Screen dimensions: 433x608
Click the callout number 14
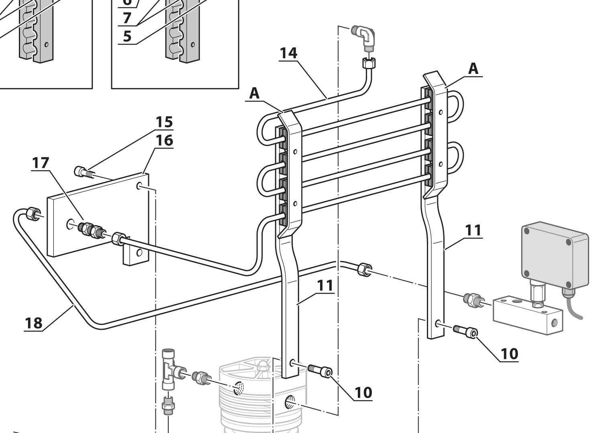click(288, 53)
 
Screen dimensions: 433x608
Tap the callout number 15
click(165, 122)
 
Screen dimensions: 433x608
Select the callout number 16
click(165, 140)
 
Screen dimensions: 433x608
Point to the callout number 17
click(41, 163)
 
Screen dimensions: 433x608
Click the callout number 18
click(33, 323)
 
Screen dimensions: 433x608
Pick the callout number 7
click(127, 18)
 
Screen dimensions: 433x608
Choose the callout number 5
click(127, 37)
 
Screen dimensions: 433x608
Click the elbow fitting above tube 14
click(365, 37)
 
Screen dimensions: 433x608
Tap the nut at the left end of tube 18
click(32, 214)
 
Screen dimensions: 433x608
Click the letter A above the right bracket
click(474, 69)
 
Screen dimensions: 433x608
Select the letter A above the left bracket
click(255, 94)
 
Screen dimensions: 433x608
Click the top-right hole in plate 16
click(139, 186)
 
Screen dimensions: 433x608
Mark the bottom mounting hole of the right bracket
click(437, 323)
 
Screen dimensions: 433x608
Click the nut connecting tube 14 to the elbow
click(368, 63)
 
